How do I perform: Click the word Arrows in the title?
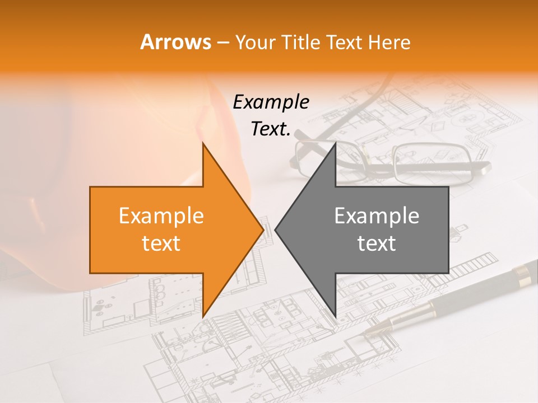(176, 42)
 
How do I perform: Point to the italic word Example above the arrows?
(271, 102)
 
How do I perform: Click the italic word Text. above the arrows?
(271, 129)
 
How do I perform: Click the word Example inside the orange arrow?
(161, 216)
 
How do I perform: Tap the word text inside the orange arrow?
(161, 243)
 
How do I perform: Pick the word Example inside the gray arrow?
(377, 216)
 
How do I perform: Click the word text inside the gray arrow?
(377, 243)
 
